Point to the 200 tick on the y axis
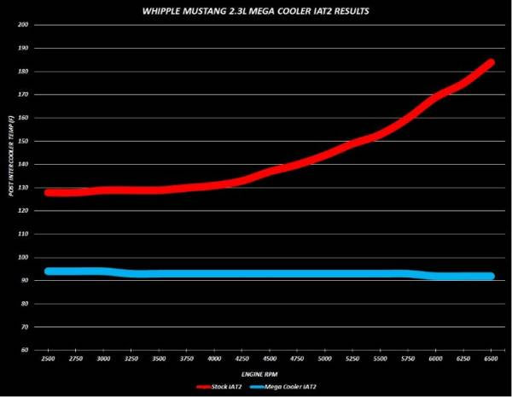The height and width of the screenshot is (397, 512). [24, 25]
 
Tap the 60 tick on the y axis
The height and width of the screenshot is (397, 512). [26, 350]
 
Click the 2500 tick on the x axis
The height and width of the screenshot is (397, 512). [49, 360]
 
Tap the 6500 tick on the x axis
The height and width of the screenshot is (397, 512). [492, 360]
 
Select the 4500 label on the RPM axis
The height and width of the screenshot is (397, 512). [271, 360]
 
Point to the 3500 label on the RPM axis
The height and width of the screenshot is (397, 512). [160, 360]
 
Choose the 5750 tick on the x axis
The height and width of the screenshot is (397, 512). [409, 360]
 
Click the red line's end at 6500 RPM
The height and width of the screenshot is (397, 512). [491, 62]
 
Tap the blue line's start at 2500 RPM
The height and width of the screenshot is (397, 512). [49, 271]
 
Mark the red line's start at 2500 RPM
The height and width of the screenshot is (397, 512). [49, 192]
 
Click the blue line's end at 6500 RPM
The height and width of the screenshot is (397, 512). [491, 276]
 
